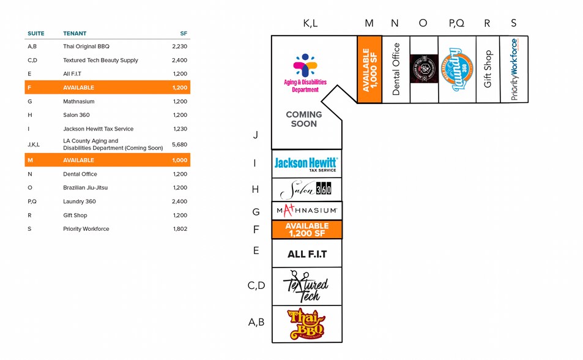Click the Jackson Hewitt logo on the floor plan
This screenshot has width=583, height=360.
coord(306,163)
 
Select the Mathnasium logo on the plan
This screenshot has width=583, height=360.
coord(306,211)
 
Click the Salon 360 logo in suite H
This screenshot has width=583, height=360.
coord(306,190)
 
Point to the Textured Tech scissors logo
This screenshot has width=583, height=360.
coord(306,286)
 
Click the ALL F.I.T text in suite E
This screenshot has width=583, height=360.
coord(307,253)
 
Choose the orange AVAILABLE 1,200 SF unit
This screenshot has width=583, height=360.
coord(306,230)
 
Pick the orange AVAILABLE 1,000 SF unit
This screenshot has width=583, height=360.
coord(369,69)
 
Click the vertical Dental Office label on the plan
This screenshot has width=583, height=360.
coord(396,69)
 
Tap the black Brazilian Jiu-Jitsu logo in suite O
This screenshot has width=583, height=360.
coord(423,69)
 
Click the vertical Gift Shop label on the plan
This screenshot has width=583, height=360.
coord(488,69)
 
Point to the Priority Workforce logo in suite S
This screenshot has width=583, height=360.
coord(514,69)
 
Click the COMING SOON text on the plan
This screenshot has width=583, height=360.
coord(304,119)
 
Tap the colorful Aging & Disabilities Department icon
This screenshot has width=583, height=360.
coord(305,66)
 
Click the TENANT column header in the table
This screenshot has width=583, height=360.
coord(75,33)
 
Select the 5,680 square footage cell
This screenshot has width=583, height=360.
coord(180,144)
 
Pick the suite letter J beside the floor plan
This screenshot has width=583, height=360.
coord(256,135)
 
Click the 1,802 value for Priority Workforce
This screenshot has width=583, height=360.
coord(180,229)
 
